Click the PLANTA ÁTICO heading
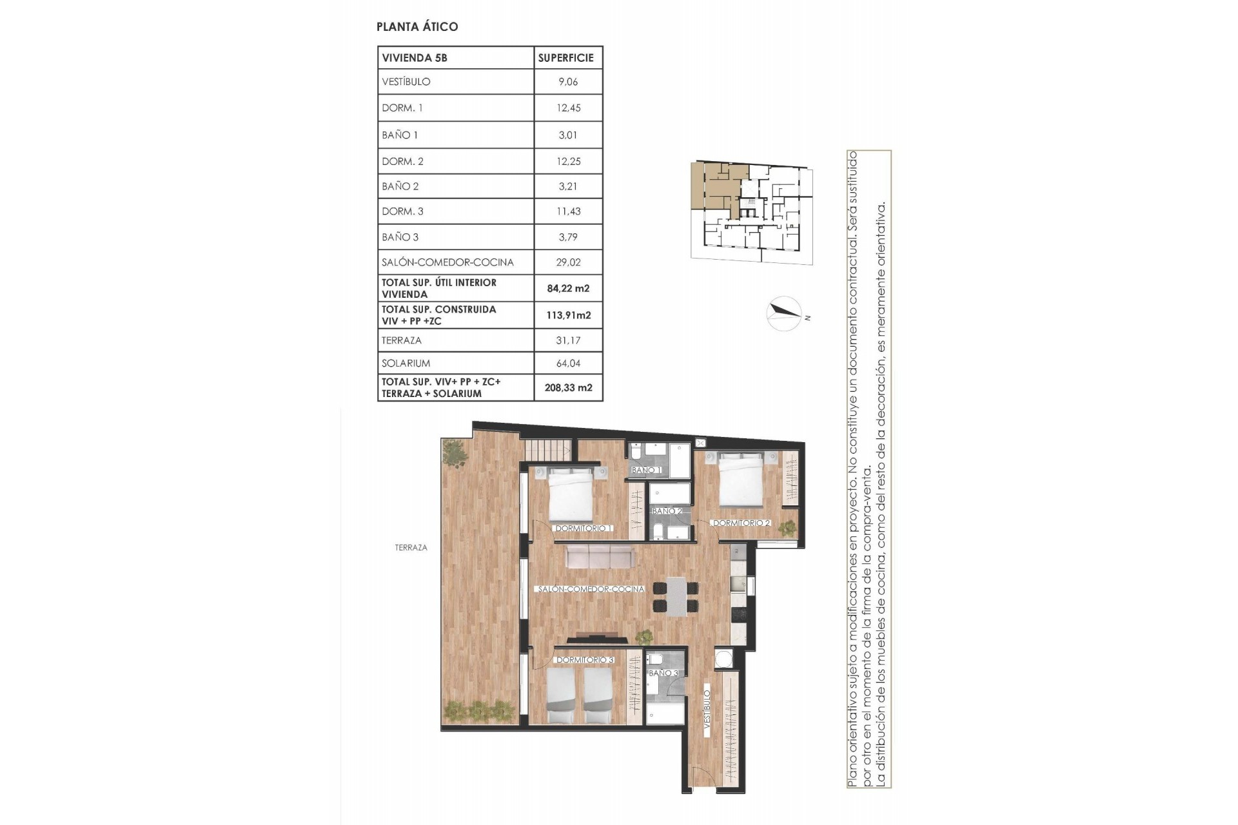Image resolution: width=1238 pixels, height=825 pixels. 417,26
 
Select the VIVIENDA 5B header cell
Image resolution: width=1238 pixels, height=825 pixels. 415,58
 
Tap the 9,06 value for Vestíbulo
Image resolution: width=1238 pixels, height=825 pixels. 567,82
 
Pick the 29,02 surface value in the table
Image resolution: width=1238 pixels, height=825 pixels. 568,262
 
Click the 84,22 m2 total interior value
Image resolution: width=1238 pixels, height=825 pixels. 568,288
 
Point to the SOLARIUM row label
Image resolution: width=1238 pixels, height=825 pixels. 406,364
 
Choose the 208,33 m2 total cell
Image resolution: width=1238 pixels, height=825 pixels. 568,388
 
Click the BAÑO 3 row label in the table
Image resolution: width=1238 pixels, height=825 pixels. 400,237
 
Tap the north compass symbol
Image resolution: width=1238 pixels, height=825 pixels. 784,314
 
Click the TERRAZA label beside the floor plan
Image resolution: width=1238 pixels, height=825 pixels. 411,548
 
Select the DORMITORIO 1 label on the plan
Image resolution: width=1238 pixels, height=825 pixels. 584,529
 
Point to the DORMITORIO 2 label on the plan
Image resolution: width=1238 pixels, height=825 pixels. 742,523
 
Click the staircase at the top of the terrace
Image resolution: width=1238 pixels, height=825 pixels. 547,449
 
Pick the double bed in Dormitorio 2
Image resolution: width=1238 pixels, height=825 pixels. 742,480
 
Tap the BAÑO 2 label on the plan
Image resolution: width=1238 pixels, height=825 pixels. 667,511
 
